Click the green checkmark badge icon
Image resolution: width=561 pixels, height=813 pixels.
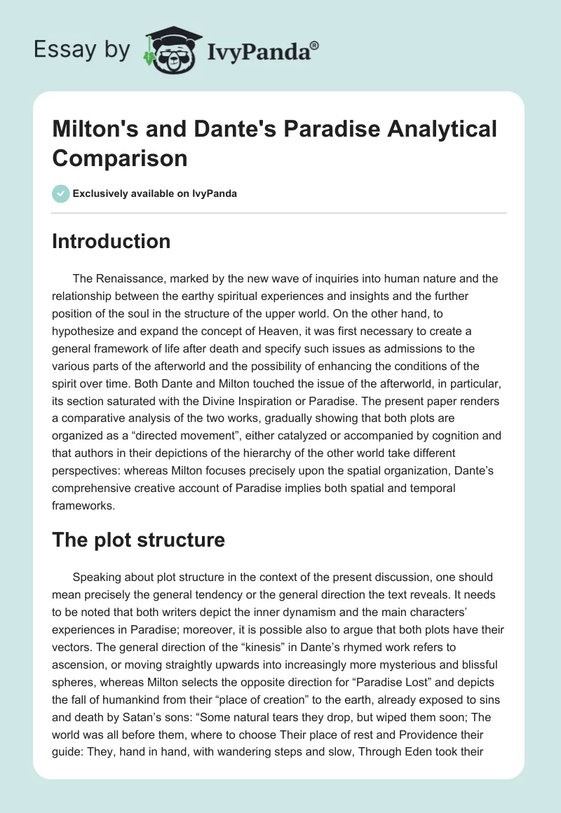[61, 193]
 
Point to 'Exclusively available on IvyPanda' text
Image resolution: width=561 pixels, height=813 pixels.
[154, 193]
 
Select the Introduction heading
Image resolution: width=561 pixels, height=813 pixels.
[111, 241]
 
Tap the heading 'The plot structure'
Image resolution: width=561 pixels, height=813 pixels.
[139, 540]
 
